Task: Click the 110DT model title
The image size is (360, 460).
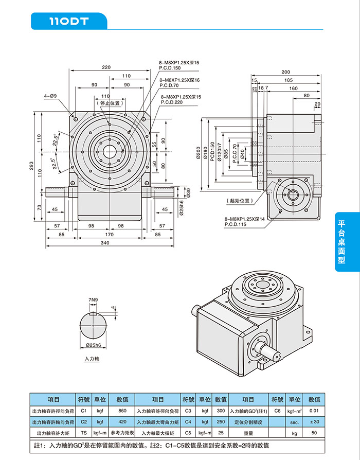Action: click(69, 22)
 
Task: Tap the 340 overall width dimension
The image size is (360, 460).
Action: click(105, 242)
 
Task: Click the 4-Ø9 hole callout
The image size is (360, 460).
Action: click(50, 96)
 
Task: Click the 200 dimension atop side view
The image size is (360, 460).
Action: click(285, 72)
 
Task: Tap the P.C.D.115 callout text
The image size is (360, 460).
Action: click(236, 224)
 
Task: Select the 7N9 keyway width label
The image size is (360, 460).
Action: click(93, 299)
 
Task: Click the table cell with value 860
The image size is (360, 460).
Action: click(122, 411)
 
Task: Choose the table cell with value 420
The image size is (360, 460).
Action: click(122, 422)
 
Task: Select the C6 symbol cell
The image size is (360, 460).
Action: click(278, 411)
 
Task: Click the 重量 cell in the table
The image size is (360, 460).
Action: click(248, 433)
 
